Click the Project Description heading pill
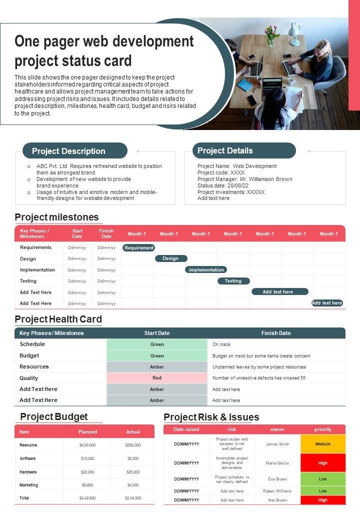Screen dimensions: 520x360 tap(75, 151)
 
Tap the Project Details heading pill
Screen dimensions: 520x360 tap(244, 150)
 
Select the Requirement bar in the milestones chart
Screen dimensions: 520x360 tap(139, 247)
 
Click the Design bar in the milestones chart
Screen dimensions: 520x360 tap(171, 258)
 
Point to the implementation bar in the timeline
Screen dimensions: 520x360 tap(206, 269)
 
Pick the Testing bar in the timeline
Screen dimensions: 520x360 tap(233, 281)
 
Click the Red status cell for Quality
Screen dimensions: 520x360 tap(157, 378)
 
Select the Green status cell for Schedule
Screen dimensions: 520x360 tap(157, 344)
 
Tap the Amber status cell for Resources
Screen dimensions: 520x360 tap(157, 367)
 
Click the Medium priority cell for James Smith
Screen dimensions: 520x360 tap(323, 444)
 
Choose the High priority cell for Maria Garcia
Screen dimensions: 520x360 tap(323, 463)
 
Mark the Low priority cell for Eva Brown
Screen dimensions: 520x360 tap(323, 479)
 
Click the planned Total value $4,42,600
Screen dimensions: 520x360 tap(87, 498)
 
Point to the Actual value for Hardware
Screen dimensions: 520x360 tap(133, 472)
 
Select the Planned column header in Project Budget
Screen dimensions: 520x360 tap(87, 431)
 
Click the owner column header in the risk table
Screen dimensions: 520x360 tap(277, 429)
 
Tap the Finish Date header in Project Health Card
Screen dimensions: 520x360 tap(276, 333)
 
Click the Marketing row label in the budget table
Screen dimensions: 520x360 tap(29, 485)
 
